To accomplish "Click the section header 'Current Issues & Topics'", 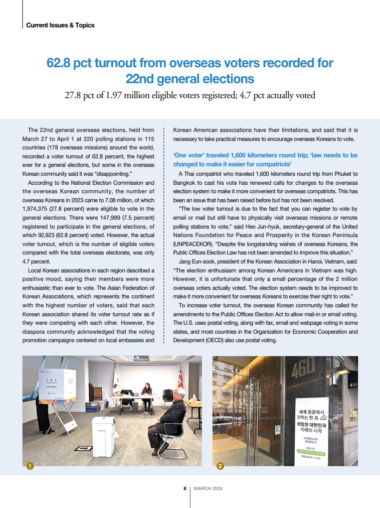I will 60,25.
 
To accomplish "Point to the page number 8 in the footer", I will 185,488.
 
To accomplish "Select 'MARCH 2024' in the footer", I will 208,488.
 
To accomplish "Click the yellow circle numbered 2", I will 220,466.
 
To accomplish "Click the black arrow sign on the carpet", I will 83,448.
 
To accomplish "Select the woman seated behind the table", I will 147,390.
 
